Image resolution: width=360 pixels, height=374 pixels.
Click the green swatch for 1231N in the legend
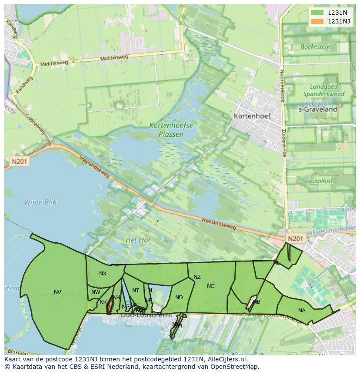(317, 13)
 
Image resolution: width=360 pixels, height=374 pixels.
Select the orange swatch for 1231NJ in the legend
(317, 21)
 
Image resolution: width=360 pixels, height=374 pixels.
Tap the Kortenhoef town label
(252, 116)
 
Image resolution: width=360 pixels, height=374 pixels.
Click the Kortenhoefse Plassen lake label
(171, 130)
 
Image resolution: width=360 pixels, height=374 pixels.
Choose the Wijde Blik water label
(40, 202)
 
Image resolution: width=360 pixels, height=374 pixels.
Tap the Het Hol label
(137, 240)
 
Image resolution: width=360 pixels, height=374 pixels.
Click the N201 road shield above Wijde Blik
(19, 162)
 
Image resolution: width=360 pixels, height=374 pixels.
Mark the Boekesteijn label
(316, 46)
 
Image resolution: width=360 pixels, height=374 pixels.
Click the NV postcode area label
(57, 292)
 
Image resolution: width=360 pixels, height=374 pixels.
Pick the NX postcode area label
(103, 274)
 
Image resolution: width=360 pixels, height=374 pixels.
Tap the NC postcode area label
(210, 286)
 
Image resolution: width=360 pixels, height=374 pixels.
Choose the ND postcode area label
(179, 298)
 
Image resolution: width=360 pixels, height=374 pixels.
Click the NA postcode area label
(302, 310)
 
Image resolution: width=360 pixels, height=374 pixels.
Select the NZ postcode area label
(197, 277)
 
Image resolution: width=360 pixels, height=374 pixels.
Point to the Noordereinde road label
(282, 86)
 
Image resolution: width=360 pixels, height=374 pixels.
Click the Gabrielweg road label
(36, 125)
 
